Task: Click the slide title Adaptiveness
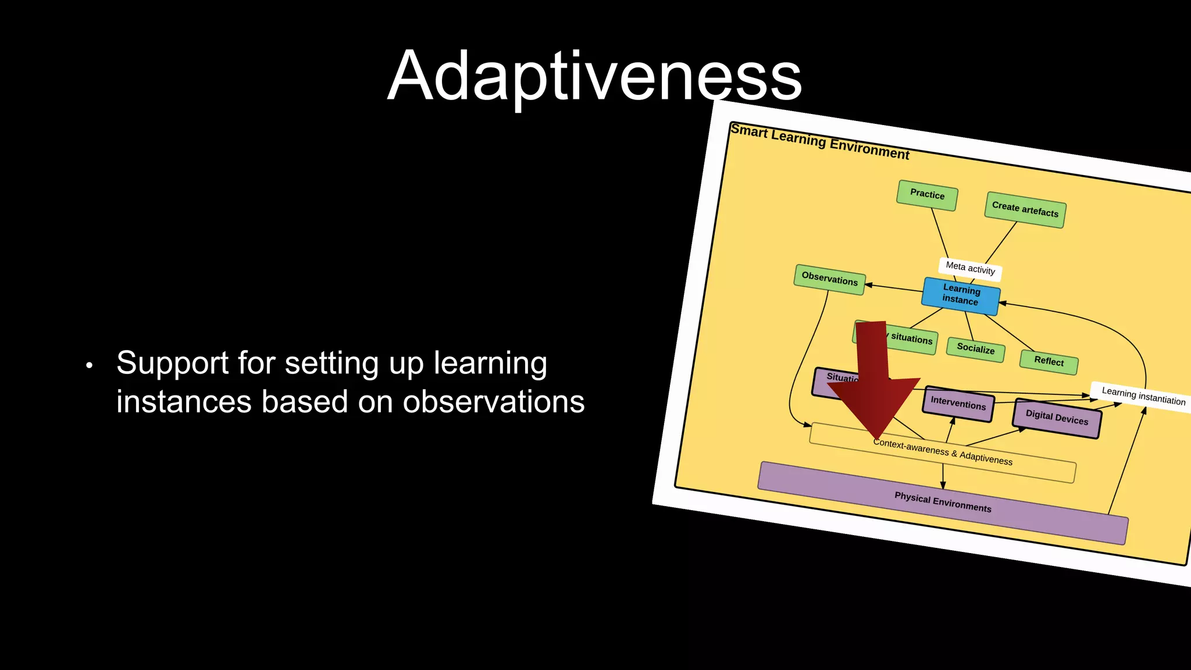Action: tap(594, 76)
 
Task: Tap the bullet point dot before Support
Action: tap(89, 366)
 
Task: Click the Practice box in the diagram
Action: tap(927, 195)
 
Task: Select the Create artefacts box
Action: tap(1025, 209)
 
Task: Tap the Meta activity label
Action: tap(970, 268)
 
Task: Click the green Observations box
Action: tap(829, 279)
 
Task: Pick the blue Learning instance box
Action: tap(961, 295)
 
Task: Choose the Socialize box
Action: tap(975, 349)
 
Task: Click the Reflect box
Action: tap(1049, 361)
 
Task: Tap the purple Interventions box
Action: tap(958, 403)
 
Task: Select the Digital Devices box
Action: tap(1056, 418)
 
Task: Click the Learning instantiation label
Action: tap(1143, 397)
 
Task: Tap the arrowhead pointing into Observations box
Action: tap(868, 284)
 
